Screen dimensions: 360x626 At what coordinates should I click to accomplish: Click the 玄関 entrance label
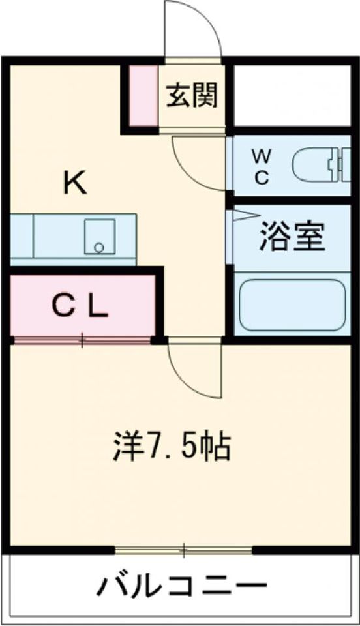(x=192, y=95)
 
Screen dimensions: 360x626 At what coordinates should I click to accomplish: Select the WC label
(x=262, y=166)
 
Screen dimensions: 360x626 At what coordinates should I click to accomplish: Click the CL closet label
(x=80, y=306)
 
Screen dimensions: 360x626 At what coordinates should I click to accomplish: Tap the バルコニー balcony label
(x=181, y=586)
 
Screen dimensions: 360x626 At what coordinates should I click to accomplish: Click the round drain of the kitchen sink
(x=98, y=248)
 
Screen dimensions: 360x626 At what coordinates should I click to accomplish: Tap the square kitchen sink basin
(x=99, y=236)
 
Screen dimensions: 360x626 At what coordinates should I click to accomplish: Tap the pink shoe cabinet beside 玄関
(x=143, y=95)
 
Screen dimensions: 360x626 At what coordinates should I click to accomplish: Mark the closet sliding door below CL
(x=82, y=340)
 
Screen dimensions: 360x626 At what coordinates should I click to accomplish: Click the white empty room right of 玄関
(x=292, y=95)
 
